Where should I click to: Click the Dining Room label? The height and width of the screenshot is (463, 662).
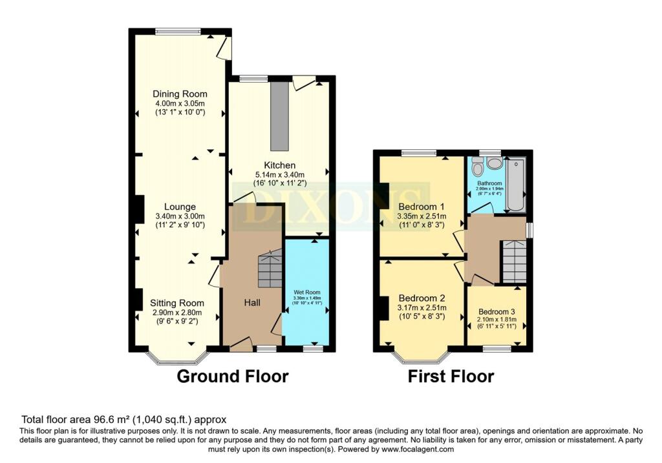[180, 94]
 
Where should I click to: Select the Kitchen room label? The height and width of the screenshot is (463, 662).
[279, 165]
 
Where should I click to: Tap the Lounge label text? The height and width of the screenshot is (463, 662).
[180, 207]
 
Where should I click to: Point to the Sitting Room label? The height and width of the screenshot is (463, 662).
[177, 303]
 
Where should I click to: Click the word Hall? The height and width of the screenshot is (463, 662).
[253, 302]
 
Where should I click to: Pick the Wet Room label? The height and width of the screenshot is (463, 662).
[307, 292]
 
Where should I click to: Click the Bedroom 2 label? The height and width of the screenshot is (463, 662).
[422, 298]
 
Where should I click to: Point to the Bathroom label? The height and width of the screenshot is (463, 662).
[489, 183]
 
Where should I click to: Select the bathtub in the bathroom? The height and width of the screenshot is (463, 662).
[516, 183]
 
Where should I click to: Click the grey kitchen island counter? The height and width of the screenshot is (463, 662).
[279, 116]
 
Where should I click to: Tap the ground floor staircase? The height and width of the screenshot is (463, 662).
[270, 270]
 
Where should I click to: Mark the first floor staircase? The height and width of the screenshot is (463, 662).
[515, 261]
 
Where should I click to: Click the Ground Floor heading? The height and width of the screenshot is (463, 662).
[233, 376]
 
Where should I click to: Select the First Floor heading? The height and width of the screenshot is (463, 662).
[451, 376]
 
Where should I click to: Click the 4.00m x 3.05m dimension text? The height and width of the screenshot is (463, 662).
[180, 103]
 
